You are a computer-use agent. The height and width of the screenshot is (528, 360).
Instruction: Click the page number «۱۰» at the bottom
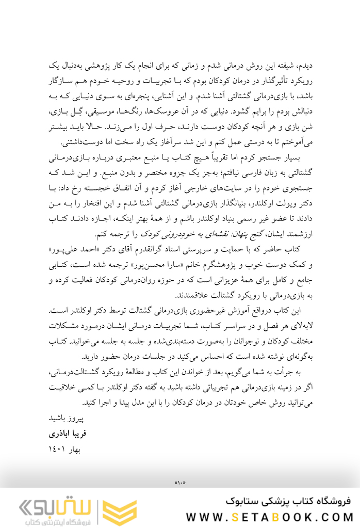[180, 483]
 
